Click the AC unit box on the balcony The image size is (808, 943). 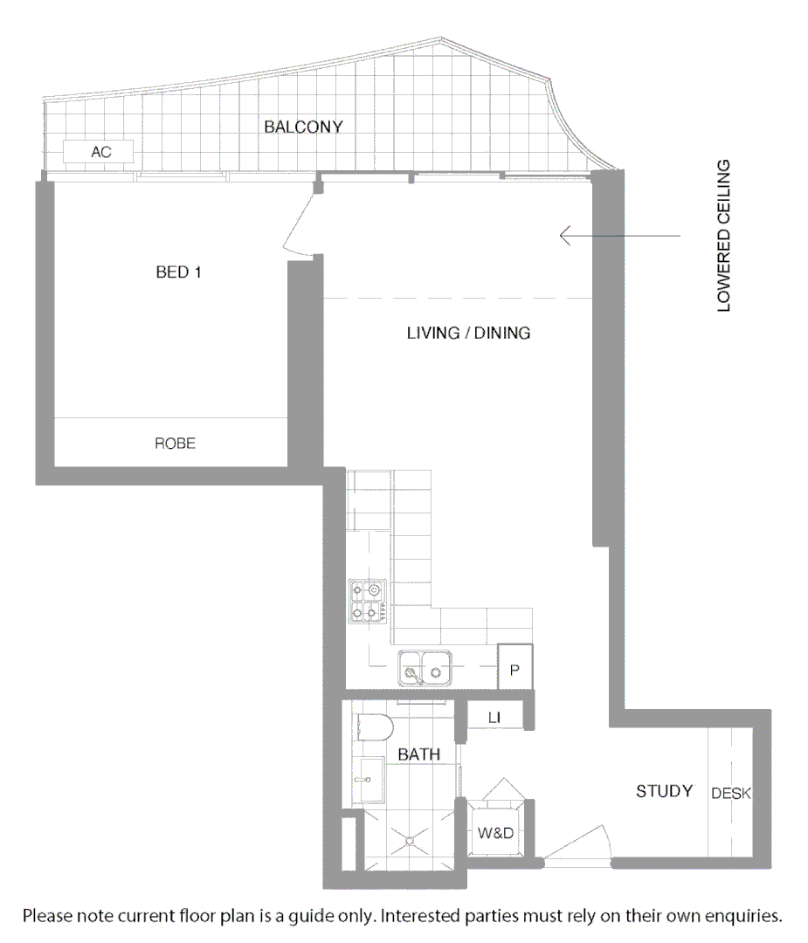click(x=100, y=152)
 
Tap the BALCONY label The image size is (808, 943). click(x=303, y=127)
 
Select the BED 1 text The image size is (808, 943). click(x=179, y=272)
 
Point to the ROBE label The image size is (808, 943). click(x=175, y=444)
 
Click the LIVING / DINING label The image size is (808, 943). click(x=468, y=333)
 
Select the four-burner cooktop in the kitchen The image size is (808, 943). click(x=368, y=601)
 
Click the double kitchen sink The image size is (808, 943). click(x=425, y=669)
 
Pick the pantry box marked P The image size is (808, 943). click(x=514, y=671)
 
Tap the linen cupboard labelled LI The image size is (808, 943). click(x=494, y=718)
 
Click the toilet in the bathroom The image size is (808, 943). click(x=375, y=727)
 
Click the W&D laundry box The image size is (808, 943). click(x=494, y=833)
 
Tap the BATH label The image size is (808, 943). click(x=418, y=754)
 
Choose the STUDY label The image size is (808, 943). click(x=664, y=791)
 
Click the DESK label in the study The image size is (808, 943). click(x=730, y=794)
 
